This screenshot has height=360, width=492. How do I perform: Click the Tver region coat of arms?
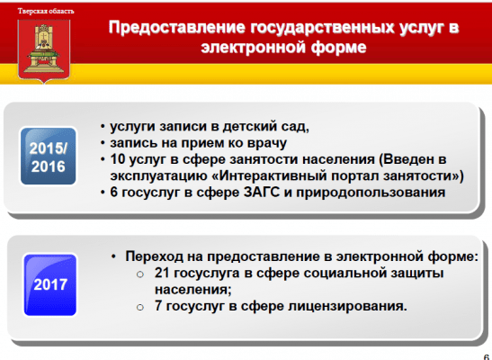44,51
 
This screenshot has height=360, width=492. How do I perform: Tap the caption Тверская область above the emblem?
46,12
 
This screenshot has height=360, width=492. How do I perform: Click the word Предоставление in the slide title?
177,27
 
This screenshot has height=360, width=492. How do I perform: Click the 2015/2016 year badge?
49,157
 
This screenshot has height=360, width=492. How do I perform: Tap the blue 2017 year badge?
50,285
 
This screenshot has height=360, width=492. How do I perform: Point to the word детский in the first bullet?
253,127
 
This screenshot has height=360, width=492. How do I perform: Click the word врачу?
267,143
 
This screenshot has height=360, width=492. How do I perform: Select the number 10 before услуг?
118,159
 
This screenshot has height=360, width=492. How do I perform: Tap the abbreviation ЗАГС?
262,193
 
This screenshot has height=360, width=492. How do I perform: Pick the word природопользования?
371,193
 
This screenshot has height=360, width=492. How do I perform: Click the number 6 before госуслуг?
113,193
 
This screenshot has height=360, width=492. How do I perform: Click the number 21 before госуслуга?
162,273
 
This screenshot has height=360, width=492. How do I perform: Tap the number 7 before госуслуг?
158,306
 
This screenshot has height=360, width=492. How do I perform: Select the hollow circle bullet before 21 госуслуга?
140,274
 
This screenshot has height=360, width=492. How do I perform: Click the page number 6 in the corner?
487,357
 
